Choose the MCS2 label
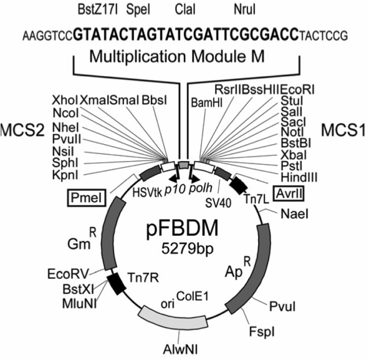pos(24,134)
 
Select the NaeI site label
pos(295,214)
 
